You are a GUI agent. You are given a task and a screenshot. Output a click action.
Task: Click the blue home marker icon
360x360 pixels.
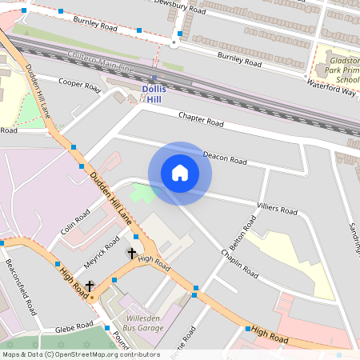pos(180,172)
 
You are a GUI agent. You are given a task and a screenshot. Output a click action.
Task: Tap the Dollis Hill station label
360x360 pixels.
pos(154,94)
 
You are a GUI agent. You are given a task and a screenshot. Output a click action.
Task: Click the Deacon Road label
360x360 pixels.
pos(225,157)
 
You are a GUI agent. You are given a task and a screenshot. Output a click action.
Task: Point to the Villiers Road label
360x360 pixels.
pos(277,209)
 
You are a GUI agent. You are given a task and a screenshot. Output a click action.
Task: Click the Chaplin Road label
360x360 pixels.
pos(239,263)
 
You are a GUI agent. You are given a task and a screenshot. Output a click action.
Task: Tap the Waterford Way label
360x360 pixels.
pos(331,87)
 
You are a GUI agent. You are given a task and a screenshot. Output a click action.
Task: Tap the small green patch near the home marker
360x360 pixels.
pos(142,193)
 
